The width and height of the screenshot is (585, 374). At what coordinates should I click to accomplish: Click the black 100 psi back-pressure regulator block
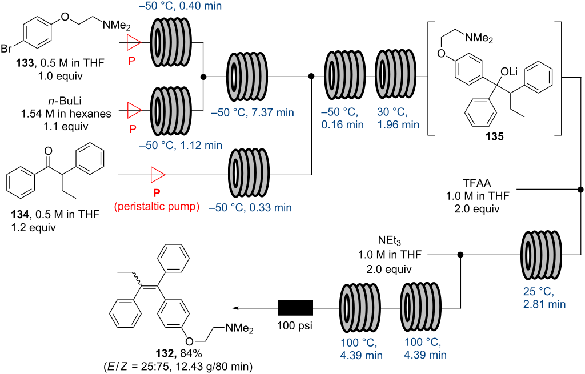tap(295, 308)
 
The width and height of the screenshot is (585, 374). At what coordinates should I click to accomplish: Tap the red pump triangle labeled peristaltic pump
tap(156, 174)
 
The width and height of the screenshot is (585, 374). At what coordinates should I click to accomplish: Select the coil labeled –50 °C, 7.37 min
tap(247, 76)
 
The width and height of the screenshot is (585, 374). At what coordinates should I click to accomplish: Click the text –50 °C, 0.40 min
tap(186, 5)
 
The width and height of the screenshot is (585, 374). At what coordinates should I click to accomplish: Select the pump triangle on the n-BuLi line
tap(134, 108)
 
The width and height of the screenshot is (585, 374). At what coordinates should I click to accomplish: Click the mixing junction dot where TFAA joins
tap(580, 189)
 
